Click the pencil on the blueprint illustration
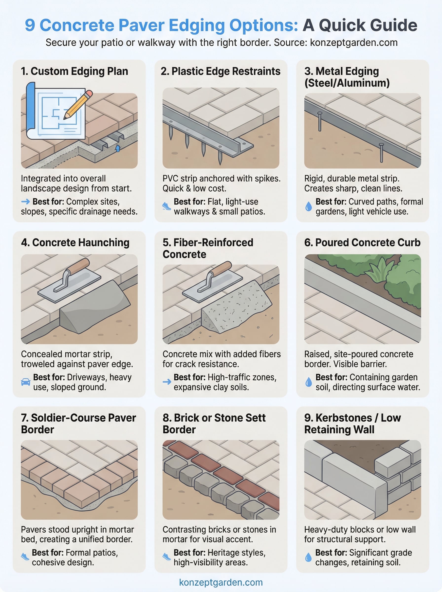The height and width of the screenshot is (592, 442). click(78, 105)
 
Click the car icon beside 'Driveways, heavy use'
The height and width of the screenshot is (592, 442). click(26, 382)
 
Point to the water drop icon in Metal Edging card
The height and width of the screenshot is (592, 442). click(309, 206)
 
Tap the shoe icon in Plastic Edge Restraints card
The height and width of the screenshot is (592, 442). click(166, 206)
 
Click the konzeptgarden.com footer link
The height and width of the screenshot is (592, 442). click(221, 582)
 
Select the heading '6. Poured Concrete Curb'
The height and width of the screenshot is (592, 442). click(362, 242)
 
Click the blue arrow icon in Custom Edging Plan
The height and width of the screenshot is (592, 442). click(26, 201)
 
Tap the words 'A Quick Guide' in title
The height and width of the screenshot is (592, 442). click(360, 25)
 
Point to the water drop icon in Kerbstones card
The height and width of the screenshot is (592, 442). click(308, 557)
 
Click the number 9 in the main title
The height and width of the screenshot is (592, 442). click(30, 25)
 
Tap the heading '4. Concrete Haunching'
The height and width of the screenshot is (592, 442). click(75, 242)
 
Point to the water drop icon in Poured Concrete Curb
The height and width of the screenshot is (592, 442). click(309, 382)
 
